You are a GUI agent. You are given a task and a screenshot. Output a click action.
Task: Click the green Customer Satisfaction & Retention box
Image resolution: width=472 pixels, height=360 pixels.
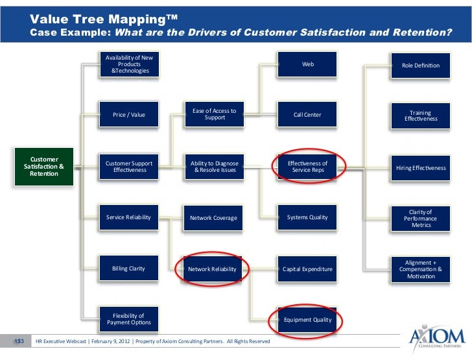44,166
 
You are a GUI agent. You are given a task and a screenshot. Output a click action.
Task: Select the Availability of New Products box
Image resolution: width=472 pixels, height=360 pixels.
128,64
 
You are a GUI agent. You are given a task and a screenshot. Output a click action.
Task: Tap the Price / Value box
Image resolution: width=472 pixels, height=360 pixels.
128,115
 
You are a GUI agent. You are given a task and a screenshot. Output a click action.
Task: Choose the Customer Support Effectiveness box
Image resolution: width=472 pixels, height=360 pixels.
128,166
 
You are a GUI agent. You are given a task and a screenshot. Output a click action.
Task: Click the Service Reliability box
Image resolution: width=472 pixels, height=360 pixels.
128,217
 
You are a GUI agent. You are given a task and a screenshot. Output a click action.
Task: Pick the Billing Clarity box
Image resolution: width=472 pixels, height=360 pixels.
128,268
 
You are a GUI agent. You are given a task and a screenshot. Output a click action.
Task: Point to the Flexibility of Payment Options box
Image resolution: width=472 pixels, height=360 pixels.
128,319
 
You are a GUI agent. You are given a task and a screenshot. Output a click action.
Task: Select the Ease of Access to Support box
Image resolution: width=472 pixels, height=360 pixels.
215,115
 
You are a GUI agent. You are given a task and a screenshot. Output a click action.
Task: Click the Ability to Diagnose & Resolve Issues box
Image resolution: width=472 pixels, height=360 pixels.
215,166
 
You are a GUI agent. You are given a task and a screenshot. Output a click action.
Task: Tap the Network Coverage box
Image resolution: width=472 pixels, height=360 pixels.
215,218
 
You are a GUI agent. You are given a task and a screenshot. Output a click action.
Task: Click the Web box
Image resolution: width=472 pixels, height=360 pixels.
307,64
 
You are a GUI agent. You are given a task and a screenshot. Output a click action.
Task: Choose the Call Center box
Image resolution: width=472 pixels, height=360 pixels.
307,115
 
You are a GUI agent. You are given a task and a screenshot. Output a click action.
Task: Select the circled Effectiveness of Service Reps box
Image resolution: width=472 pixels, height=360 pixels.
308,167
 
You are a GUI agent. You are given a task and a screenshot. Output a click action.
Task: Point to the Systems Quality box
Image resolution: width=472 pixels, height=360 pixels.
307,217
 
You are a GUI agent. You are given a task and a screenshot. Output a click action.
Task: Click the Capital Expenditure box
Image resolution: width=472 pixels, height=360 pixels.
307,269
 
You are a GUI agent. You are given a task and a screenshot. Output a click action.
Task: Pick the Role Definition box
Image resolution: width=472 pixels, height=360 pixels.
421,65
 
